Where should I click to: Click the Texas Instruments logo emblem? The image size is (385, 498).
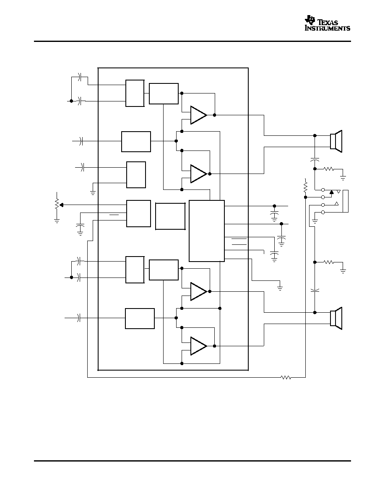(310, 20)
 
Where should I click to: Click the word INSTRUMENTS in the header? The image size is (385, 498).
(328, 28)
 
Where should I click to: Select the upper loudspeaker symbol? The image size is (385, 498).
(336, 141)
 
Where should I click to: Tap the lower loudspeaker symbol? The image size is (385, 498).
(336, 318)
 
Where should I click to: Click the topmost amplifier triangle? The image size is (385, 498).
(198, 115)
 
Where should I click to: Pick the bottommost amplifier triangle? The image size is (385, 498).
(198, 346)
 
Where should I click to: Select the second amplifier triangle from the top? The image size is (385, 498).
(198, 174)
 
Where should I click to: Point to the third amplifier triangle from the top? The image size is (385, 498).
(198, 291)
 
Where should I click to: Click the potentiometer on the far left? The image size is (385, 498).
(57, 204)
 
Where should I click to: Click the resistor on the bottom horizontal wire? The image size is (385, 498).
(286, 377)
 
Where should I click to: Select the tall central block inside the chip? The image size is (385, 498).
(207, 231)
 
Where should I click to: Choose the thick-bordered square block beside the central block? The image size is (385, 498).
(170, 216)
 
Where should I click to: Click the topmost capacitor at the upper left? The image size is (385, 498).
(80, 77)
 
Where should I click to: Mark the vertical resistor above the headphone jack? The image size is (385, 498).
(306, 187)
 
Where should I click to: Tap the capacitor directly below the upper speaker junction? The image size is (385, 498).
(315, 159)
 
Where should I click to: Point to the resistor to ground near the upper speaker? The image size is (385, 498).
(329, 169)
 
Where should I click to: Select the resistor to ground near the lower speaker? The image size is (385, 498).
(329, 262)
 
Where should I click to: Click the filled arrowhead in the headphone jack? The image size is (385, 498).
(332, 192)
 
